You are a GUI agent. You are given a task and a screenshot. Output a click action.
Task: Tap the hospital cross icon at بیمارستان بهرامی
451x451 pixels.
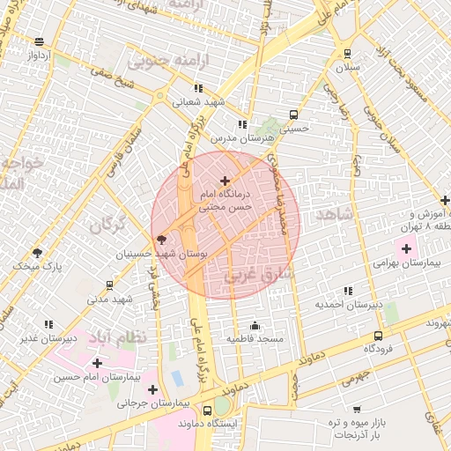point(405,249)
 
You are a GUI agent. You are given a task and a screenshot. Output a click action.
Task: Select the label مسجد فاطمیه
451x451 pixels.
point(255,338)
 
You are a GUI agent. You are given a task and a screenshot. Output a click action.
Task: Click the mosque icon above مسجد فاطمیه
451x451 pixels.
point(255,325)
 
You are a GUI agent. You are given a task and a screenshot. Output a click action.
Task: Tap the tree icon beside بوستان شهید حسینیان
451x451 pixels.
point(160,239)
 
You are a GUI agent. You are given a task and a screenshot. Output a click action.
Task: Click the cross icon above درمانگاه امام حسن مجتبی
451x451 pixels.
point(224,180)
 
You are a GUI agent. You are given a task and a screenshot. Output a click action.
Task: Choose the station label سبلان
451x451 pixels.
point(347,67)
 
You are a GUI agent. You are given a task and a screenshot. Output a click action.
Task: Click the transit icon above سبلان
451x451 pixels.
point(347,53)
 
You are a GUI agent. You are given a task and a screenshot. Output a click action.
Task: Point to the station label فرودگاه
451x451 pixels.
point(378,349)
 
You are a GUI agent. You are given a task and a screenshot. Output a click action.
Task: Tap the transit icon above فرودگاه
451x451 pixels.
point(378,336)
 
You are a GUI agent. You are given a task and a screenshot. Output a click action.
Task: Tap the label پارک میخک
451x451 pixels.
point(39,265)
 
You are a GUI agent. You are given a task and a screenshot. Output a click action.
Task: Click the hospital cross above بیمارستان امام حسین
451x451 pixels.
point(96,363)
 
